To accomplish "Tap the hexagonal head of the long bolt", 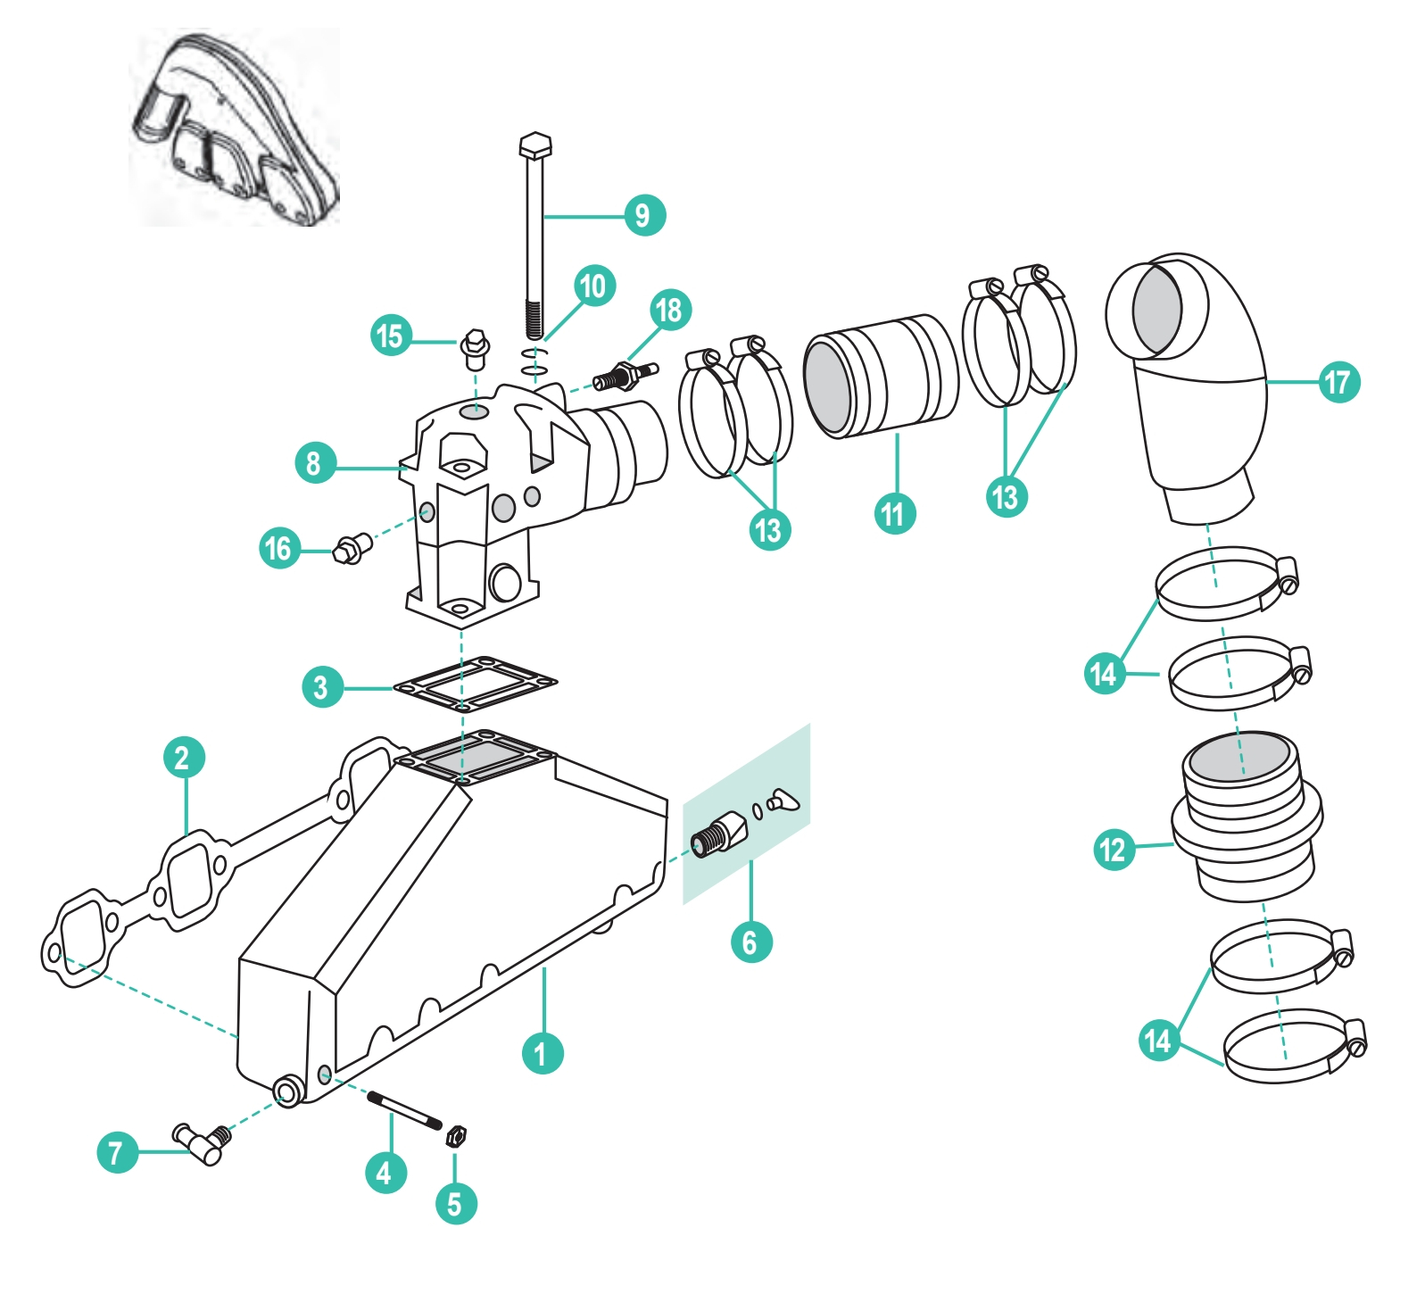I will [x=534, y=146].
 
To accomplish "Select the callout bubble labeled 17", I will [x=1338, y=382].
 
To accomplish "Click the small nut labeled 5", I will [x=455, y=1136].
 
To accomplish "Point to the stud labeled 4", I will [x=404, y=1111].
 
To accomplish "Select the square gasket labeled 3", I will [x=475, y=685].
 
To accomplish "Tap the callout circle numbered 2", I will [x=184, y=758].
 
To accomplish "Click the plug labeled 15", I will [x=475, y=350].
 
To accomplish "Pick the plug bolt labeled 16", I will [x=352, y=548].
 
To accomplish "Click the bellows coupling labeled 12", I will [x=1245, y=817].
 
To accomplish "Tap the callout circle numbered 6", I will [x=750, y=942].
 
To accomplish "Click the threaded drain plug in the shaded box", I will [x=719, y=835].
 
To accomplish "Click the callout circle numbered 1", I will [x=542, y=1053].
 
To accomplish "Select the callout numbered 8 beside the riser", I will [x=314, y=463].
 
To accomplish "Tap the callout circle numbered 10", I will [x=593, y=286].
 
